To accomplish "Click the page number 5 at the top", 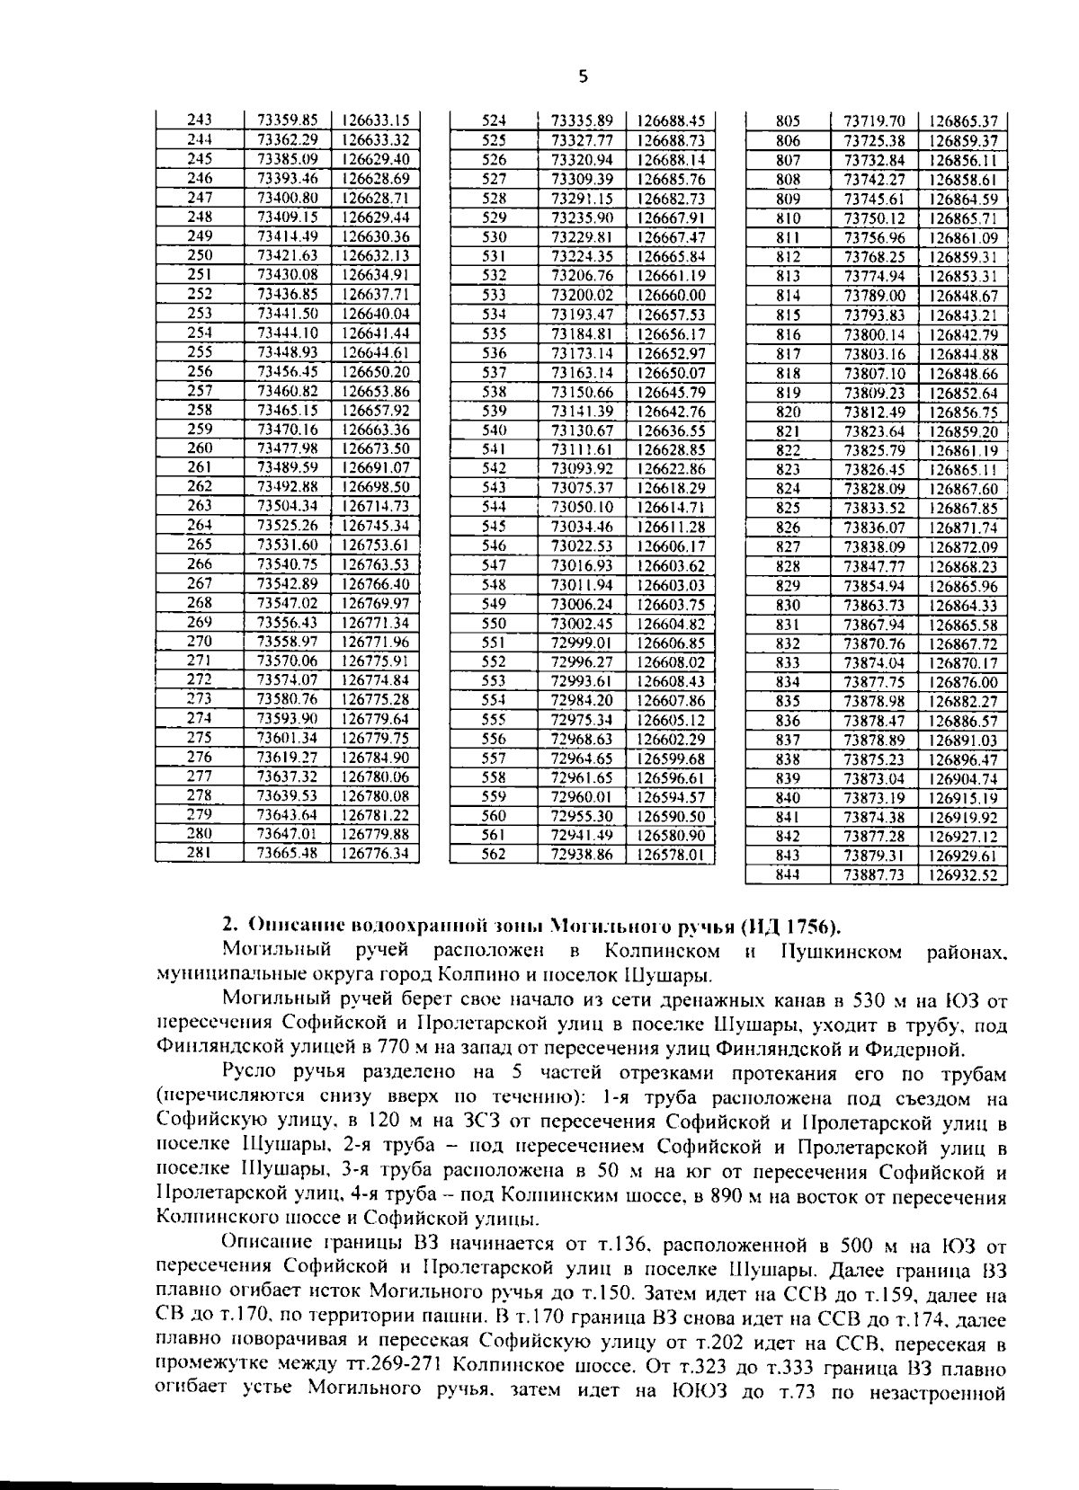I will [x=583, y=77].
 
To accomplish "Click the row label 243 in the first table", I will [x=200, y=120].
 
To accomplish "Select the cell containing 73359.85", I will [x=288, y=120].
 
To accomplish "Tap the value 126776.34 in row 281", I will [x=375, y=853].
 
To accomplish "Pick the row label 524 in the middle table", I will [x=494, y=120].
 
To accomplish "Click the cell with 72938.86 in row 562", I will [x=581, y=855].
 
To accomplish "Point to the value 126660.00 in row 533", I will [x=671, y=295].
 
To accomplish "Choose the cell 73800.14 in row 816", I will [x=875, y=334].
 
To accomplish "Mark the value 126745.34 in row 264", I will [x=375, y=526].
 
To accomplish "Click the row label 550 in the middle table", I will [x=494, y=623].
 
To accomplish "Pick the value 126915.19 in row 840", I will [x=963, y=798].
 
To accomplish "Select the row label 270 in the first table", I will [x=200, y=642].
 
